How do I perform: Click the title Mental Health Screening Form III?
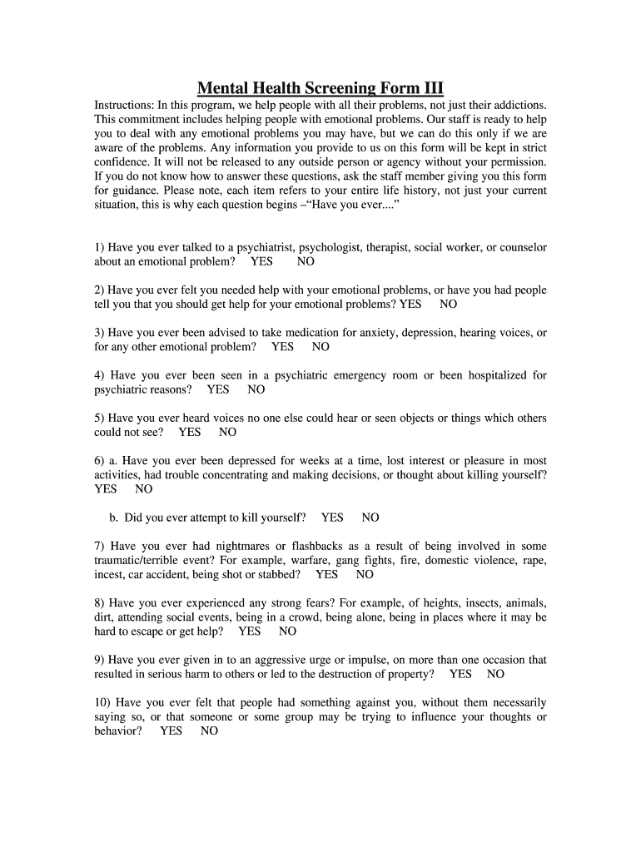pyautogui.click(x=320, y=88)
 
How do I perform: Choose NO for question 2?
pyautogui.click(x=449, y=305)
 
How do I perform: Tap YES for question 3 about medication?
pyautogui.click(x=282, y=347)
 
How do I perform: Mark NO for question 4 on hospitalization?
pyautogui.click(x=256, y=389)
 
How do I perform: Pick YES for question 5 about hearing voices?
pyautogui.click(x=190, y=433)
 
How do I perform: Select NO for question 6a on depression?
pyautogui.click(x=144, y=489)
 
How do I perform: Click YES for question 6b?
pyautogui.click(x=332, y=518)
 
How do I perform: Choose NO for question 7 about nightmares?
pyautogui.click(x=365, y=575)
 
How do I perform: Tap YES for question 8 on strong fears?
pyautogui.click(x=250, y=632)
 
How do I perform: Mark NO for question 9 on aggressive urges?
pyautogui.click(x=495, y=674)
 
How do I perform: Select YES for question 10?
pyautogui.click(x=171, y=731)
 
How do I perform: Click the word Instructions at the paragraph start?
pyautogui.click(x=123, y=106)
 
